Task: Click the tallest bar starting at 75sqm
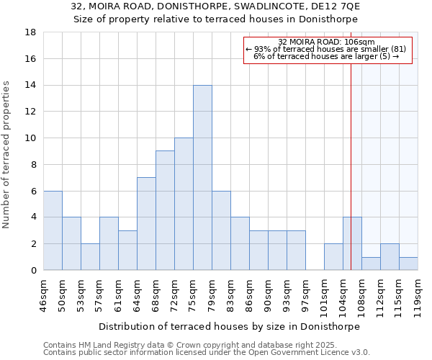click(x=202, y=177)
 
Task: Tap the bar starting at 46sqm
click(x=53, y=230)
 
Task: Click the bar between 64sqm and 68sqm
click(x=146, y=223)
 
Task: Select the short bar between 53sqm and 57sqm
click(x=90, y=256)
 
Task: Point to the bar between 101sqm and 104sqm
click(x=333, y=256)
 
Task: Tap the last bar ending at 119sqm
click(x=408, y=264)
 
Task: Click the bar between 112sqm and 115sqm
click(x=390, y=256)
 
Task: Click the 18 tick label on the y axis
click(x=31, y=32)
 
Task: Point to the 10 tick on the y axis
click(x=31, y=138)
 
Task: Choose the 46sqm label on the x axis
click(x=43, y=293)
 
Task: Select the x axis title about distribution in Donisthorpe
click(x=229, y=326)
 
